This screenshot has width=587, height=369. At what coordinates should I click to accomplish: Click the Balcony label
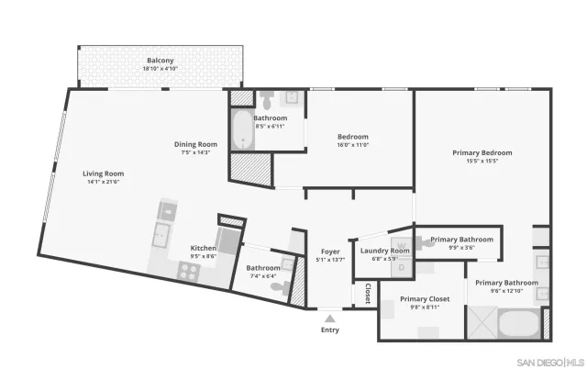[160, 61]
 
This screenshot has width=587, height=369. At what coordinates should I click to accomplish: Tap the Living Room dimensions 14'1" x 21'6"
[104, 182]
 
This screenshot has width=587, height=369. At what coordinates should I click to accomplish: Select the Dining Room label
[196, 144]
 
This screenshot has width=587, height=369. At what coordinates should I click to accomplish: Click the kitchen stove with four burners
[189, 270]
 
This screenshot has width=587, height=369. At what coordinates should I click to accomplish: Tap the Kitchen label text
[203, 249]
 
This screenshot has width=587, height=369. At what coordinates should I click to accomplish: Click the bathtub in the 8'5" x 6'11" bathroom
[241, 131]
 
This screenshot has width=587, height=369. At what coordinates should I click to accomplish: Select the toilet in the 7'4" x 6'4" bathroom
[279, 286]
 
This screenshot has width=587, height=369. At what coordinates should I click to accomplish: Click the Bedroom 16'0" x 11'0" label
[353, 137]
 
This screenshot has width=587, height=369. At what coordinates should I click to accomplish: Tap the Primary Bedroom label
[482, 152]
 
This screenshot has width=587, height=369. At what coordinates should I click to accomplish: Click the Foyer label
[330, 252]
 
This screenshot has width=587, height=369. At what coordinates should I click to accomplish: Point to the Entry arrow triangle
[329, 318]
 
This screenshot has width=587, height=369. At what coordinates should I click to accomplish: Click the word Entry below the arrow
[329, 330]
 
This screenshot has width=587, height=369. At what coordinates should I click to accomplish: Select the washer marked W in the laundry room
[400, 246]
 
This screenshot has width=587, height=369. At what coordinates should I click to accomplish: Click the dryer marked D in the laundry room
[400, 267]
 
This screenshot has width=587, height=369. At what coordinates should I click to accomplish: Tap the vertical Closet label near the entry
[368, 294]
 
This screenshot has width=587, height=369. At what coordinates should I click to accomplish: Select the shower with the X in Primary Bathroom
[482, 322]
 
